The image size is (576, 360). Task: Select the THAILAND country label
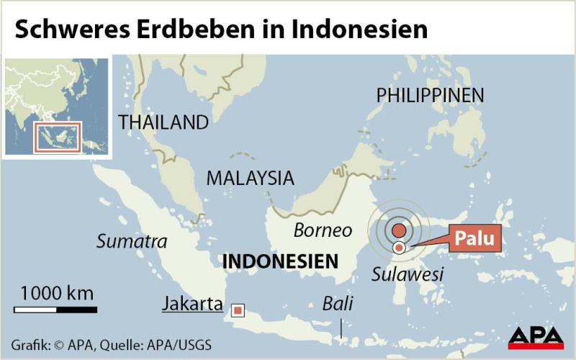click(163, 122)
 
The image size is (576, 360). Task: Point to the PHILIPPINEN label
click(430, 95)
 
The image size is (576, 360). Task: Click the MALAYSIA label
click(250, 178)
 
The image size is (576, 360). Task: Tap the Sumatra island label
click(132, 241)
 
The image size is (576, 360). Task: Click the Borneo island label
click(323, 230)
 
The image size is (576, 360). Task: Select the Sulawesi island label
click(408, 274)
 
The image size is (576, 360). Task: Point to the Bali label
click(338, 303)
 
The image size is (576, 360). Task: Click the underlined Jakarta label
click(192, 304)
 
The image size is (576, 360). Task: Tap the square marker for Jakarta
click(237, 310)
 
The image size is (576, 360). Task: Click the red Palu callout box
click(475, 238)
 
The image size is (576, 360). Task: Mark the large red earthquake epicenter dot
click(398, 232)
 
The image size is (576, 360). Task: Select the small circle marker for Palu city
click(399, 248)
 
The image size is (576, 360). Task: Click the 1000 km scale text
click(56, 293)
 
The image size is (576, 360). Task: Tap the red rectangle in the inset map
click(58, 137)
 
